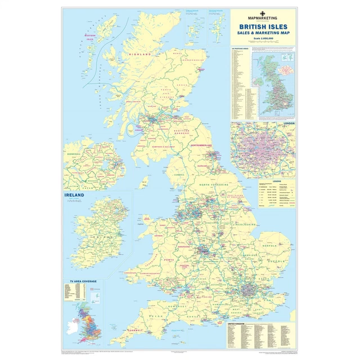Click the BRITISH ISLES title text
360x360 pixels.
pyautogui.click(x=263, y=26)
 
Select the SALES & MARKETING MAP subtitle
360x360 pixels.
pyautogui.click(x=263, y=33)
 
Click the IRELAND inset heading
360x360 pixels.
pyautogui.click(x=75, y=195)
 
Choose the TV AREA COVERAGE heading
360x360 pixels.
pyautogui.click(x=76, y=280)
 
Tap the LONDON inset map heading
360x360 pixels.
pyautogui.click(x=289, y=123)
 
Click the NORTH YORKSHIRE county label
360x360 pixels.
pyautogui.click(x=213, y=184)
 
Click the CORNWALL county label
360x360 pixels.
pyautogui.click(x=137, y=330)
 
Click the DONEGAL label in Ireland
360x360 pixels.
pyautogui.click(x=73, y=152)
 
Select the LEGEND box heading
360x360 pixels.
pyautogui.click(x=277, y=181)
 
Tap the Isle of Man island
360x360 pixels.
pyautogui.click(x=145, y=181)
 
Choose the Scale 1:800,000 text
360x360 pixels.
pyautogui.click(x=263, y=39)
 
